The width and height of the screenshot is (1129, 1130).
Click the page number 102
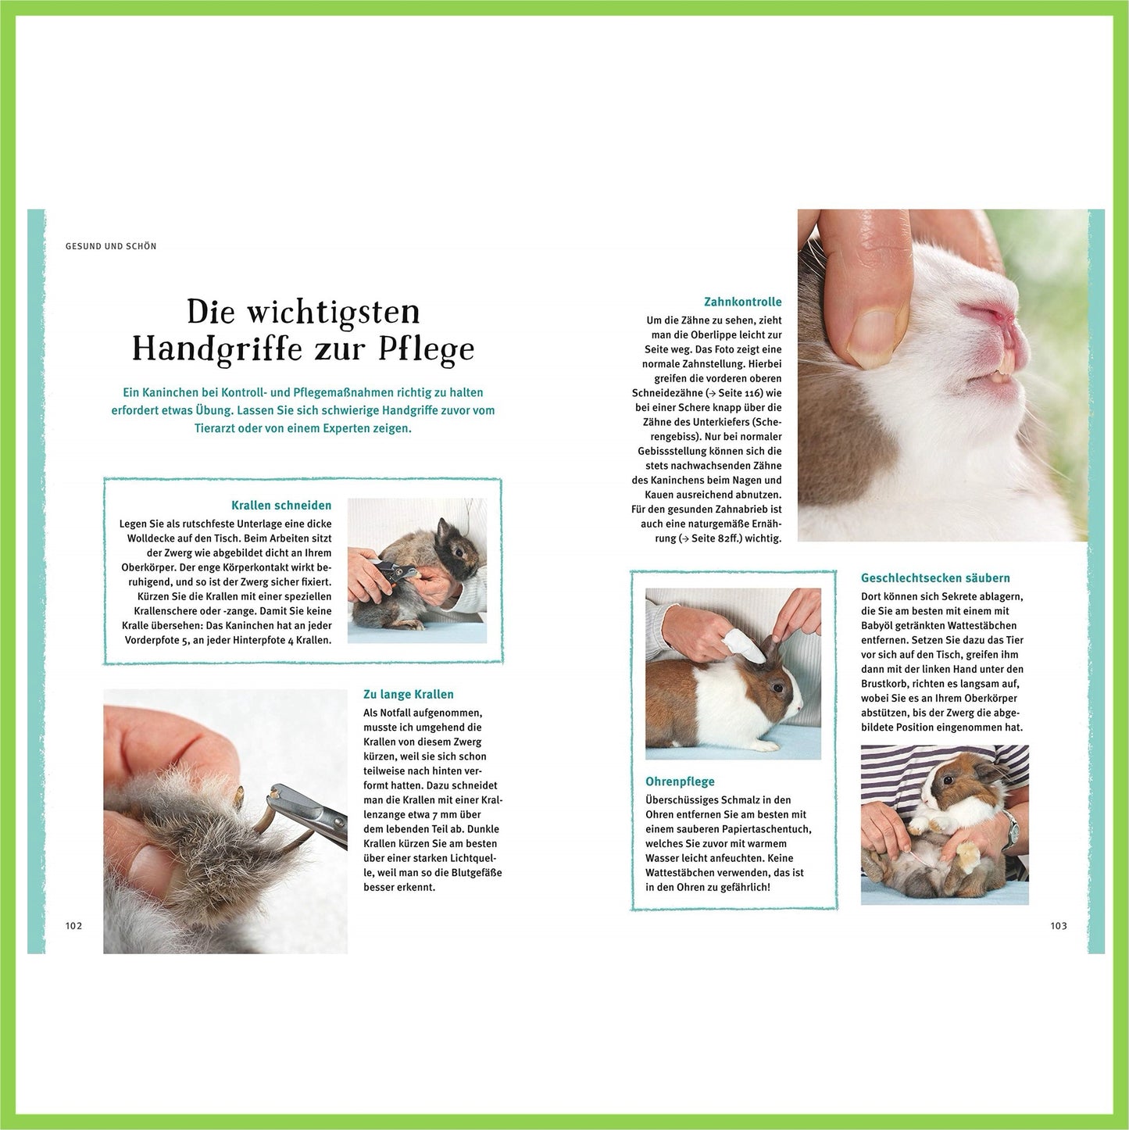click(x=73, y=926)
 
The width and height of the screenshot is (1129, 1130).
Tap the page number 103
click(x=1059, y=926)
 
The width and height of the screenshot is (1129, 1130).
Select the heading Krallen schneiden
click(x=281, y=505)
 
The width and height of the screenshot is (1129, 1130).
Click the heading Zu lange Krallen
click(x=409, y=694)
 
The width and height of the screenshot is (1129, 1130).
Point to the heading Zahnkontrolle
click(x=743, y=302)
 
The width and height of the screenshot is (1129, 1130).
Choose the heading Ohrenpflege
click(x=681, y=781)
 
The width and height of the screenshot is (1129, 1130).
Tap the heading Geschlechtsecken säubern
click(x=935, y=578)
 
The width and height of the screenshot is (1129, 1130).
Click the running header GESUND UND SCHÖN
click(x=112, y=246)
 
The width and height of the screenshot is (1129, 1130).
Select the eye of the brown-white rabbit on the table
click(x=778, y=687)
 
